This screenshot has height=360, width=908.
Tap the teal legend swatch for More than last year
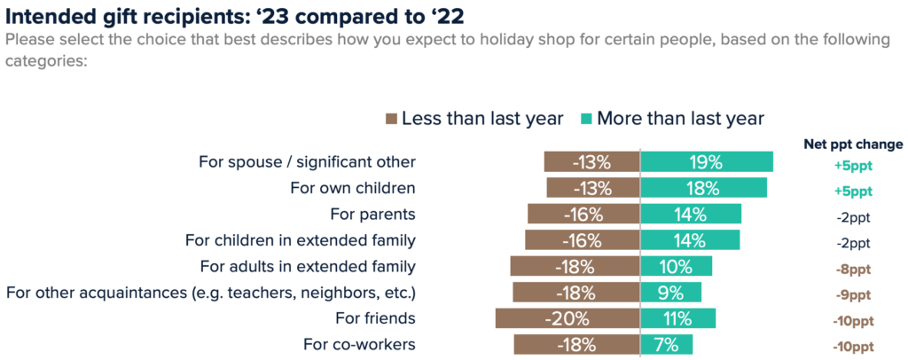(585, 118)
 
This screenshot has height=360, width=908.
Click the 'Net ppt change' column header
(853, 144)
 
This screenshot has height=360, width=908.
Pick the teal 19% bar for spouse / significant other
(706, 162)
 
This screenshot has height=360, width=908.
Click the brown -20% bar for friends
(567, 318)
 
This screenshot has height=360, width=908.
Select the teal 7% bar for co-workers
(666, 344)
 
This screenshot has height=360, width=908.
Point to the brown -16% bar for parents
(583, 215)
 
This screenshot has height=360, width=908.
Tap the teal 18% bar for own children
(703, 188)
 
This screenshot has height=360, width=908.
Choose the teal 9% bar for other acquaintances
(670, 293)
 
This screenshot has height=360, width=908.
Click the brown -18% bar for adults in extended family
(575, 266)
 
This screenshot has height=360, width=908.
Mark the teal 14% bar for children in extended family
(690, 240)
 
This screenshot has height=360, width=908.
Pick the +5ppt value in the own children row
(853, 191)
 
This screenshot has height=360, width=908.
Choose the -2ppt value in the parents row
(853, 217)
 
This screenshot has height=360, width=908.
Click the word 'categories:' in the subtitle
(45, 61)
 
